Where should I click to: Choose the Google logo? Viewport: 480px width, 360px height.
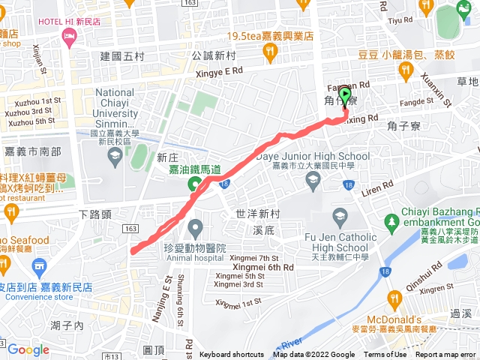[28, 349]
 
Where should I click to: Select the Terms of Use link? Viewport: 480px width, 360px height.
[385, 355]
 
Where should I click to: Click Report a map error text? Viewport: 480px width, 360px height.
[445, 355]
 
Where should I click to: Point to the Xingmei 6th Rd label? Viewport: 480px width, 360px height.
[262, 267]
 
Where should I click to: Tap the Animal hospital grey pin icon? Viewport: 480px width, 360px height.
[196, 226]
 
